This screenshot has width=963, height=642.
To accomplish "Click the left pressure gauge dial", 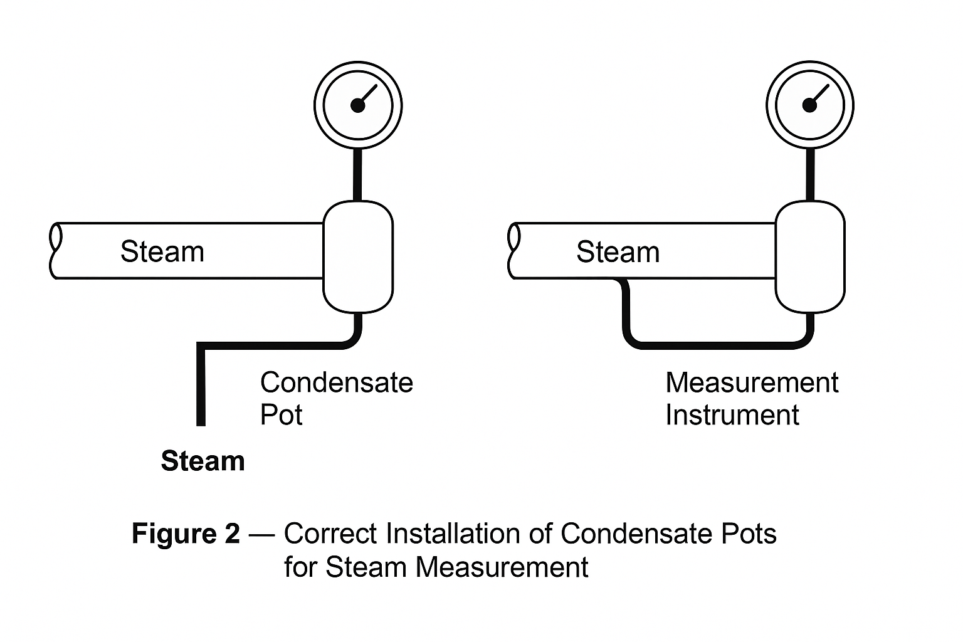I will [x=358, y=105].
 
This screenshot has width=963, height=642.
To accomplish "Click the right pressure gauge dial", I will [x=810, y=105].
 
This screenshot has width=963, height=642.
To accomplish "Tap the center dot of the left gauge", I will [x=357, y=105].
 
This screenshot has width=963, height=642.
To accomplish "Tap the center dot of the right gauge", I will [x=809, y=105].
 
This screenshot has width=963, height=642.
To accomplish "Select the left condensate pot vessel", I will [x=358, y=256].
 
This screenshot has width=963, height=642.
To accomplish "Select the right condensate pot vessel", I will [x=810, y=256].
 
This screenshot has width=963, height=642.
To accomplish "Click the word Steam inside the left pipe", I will [x=162, y=252].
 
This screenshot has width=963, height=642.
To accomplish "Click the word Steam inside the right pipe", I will [x=618, y=252].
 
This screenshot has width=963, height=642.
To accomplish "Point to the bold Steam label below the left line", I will [x=203, y=461].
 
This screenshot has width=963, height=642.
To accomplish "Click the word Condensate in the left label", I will [x=337, y=382].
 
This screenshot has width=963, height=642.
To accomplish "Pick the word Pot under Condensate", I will [x=282, y=415].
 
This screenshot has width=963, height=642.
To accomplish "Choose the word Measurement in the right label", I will [x=752, y=382].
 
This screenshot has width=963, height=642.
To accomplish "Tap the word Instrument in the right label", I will [x=732, y=415].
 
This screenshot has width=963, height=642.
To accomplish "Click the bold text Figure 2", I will [x=186, y=534].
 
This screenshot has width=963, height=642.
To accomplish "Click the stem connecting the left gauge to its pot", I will [x=358, y=176].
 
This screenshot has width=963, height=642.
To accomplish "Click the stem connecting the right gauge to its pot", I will [x=810, y=176].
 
